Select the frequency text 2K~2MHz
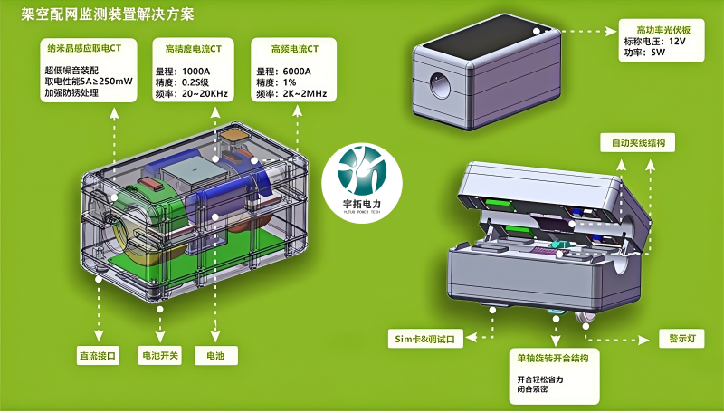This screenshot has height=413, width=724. (302, 94)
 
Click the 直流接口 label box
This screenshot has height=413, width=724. (97, 356)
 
